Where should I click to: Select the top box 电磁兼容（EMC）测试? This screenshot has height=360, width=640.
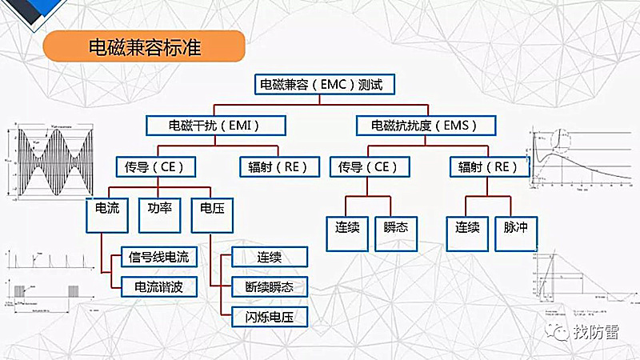click(324, 84)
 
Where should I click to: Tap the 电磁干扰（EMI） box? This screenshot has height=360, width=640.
click(204, 126)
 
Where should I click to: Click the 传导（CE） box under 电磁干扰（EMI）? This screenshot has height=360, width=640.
click(156, 166)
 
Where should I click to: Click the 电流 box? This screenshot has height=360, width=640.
click(107, 208)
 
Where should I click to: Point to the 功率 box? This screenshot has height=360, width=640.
click(159, 208)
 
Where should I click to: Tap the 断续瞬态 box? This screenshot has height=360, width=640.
click(269, 286)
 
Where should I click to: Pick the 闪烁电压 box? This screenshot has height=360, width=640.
click(269, 316)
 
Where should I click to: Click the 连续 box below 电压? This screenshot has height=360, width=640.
click(269, 257)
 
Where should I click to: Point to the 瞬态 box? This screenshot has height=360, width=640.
click(395, 227)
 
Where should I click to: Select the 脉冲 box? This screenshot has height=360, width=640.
click(516, 227)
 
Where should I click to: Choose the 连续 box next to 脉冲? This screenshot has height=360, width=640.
click(467, 227)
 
